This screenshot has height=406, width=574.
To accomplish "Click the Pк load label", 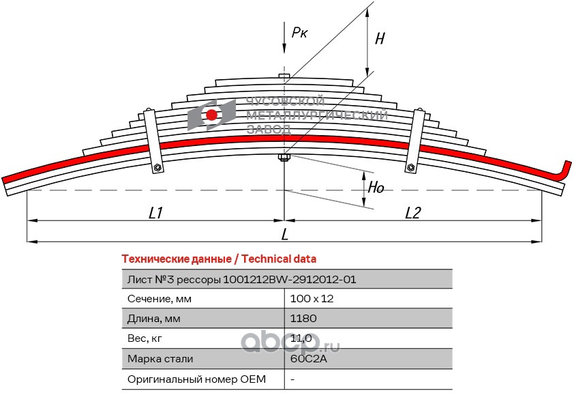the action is (x=299, y=33).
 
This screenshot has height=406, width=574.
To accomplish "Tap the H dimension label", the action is (x=380, y=38).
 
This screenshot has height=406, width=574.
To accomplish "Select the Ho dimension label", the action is (x=376, y=188).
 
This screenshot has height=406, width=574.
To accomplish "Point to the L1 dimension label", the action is (x=155, y=213).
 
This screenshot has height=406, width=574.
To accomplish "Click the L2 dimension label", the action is (x=413, y=213).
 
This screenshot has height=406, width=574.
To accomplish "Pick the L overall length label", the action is (x=285, y=235).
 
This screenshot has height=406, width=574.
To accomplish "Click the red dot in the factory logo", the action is (x=211, y=115).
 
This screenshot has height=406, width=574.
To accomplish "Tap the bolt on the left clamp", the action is (x=157, y=168).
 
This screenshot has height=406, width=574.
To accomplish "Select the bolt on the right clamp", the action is (x=411, y=168).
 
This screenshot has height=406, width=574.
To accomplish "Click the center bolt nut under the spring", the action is (x=284, y=158).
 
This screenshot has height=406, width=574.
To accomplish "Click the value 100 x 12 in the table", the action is (x=312, y=299).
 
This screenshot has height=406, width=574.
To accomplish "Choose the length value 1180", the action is (x=303, y=318).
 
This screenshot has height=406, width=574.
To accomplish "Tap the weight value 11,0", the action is (x=301, y=338).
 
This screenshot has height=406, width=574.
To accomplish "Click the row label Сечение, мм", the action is (x=160, y=299).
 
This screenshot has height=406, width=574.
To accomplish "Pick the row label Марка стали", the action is (x=160, y=359).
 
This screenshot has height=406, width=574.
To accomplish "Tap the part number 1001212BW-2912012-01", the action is (x=290, y=280).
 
